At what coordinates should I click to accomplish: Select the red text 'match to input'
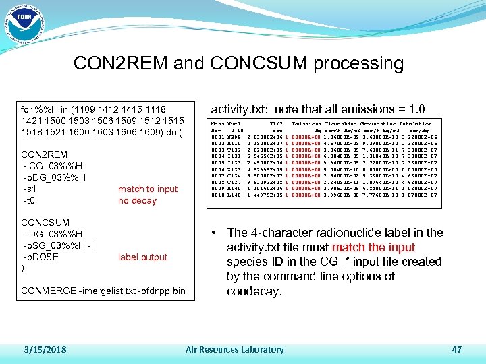click(x=148, y=189)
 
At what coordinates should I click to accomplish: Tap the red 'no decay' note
click(x=137, y=200)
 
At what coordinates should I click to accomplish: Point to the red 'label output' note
click(x=142, y=257)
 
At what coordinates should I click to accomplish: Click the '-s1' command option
click(x=29, y=189)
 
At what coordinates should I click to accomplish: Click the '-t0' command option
click(x=28, y=200)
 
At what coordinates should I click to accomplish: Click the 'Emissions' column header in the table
click(x=305, y=124)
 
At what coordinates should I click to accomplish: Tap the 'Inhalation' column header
click(x=416, y=124)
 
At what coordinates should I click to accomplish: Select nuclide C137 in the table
click(x=235, y=182)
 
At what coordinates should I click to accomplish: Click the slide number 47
click(x=456, y=349)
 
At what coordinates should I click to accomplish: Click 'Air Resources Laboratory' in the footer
click(x=234, y=349)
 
